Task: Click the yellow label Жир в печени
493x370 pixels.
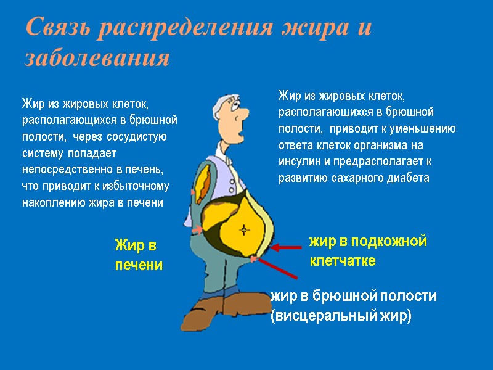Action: pos(139,255)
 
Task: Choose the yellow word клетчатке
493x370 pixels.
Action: pos(342,261)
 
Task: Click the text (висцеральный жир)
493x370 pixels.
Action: pos(340,316)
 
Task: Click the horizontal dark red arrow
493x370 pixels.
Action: pos(286,247)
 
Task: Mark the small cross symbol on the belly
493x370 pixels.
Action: pos(245,231)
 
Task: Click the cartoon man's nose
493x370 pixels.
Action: pos(242,113)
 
